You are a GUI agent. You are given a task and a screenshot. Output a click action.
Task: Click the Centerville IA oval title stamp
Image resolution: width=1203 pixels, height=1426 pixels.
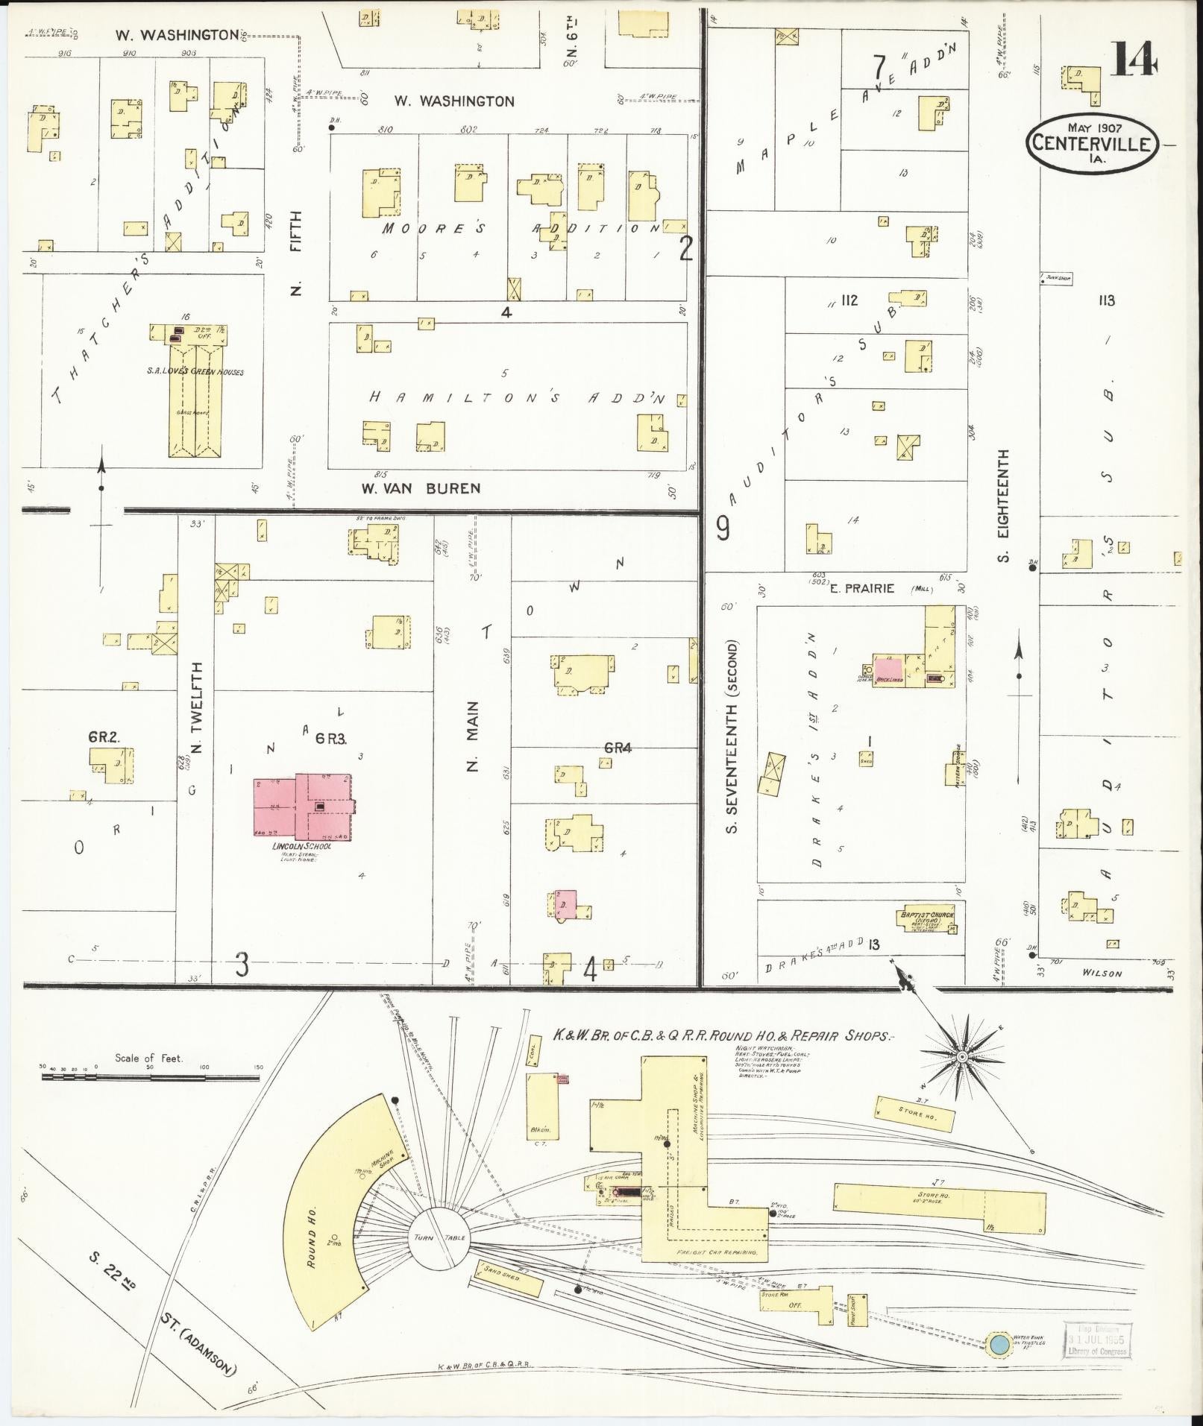1093,142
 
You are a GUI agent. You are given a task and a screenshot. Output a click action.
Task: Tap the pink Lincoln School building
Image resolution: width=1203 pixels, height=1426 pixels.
302,806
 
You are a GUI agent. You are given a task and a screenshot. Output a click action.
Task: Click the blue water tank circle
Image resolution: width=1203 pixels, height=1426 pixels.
999,1345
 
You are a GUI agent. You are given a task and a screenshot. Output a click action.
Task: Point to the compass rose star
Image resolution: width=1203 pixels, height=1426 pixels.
962,1057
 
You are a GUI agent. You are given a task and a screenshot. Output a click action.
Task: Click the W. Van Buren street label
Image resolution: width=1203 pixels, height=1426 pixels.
421,488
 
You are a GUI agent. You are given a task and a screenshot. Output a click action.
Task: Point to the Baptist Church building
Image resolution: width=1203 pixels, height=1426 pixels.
926,920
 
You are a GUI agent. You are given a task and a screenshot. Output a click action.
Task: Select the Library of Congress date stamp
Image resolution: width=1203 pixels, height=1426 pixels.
1099,1342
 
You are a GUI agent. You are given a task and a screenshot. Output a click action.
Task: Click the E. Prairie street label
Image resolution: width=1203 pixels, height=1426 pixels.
861,588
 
